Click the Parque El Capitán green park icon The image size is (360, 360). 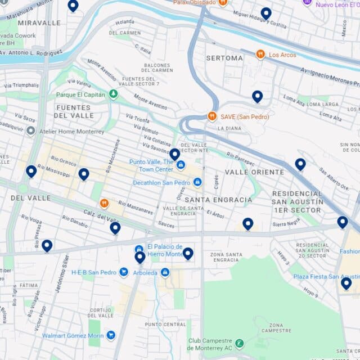pos(113,94)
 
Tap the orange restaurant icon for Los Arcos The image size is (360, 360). pos(260,55)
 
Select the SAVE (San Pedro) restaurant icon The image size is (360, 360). pos(212,116)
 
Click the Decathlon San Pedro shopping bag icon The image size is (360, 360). pos(197,182)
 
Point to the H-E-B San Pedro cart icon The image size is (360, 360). pos(124,272)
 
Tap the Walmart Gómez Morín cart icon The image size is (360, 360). pos(111,336)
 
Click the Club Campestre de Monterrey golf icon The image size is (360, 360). pos(240,343)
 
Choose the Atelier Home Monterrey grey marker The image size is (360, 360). pos(31,131)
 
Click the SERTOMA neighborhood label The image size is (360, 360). pos(224,58)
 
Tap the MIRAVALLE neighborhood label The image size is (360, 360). pos(39,23)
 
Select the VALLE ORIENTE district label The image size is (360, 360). pos(254,172)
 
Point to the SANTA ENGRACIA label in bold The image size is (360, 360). pos(218,200)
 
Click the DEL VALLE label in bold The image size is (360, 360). pos(30,198)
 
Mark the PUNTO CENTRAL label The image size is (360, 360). pos(165,325)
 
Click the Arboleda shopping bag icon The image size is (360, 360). pos(165,272)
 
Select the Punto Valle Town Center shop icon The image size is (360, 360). pos(181,165)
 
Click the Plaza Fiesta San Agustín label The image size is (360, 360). pos(326,277)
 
